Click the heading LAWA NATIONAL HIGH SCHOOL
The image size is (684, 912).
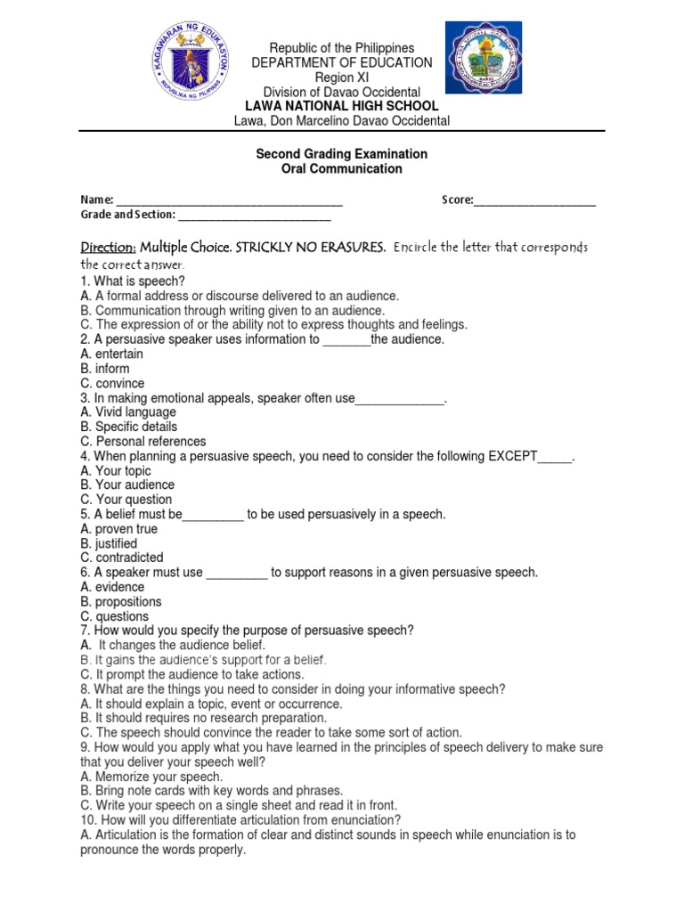coord(341,106)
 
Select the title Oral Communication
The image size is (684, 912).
coord(341,168)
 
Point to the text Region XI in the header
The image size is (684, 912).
coord(341,77)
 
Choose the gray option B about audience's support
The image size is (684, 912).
coord(203,660)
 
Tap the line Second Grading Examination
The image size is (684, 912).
coord(341,154)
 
